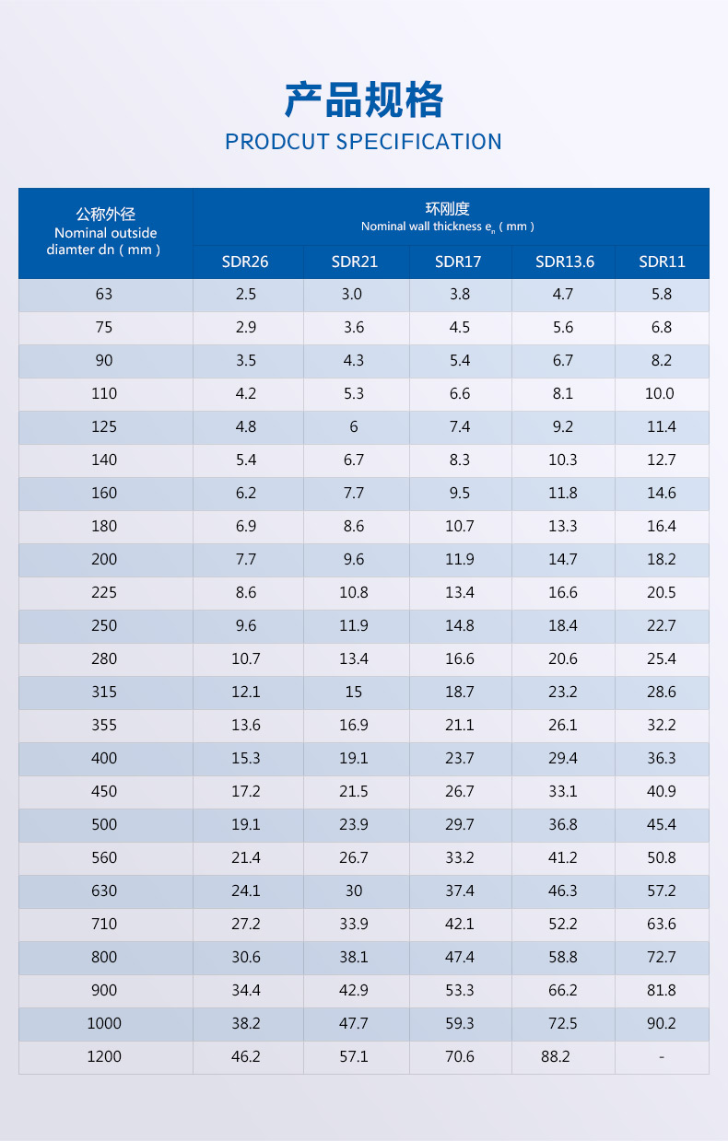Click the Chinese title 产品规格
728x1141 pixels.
click(x=364, y=99)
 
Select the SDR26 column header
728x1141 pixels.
click(x=245, y=262)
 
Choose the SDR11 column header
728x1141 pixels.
click(x=662, y=262)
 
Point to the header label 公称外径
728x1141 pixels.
click(x=105, y=215)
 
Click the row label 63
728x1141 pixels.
click(x=103, y=295)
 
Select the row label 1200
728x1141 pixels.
click(x=104, y=1057)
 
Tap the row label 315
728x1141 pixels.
click(x=104, y=693)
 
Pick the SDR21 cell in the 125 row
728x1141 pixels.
click(x=354, y=427)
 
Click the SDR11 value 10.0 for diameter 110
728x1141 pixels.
click(x=661, y=394)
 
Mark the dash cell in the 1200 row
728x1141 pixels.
click(x=662, y=1057)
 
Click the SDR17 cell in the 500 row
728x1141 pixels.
click(x=460, y=825)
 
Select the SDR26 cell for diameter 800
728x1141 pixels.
click(x=246, y=958)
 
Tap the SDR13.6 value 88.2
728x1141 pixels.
click(x=556, y=1057)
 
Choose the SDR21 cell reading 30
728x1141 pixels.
click(x=354, y=891)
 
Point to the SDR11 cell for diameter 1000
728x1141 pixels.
click(x=662, y=1024)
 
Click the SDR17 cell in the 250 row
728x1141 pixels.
click(x=460, y=626)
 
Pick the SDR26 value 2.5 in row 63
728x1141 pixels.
click(x=246, y=295)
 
